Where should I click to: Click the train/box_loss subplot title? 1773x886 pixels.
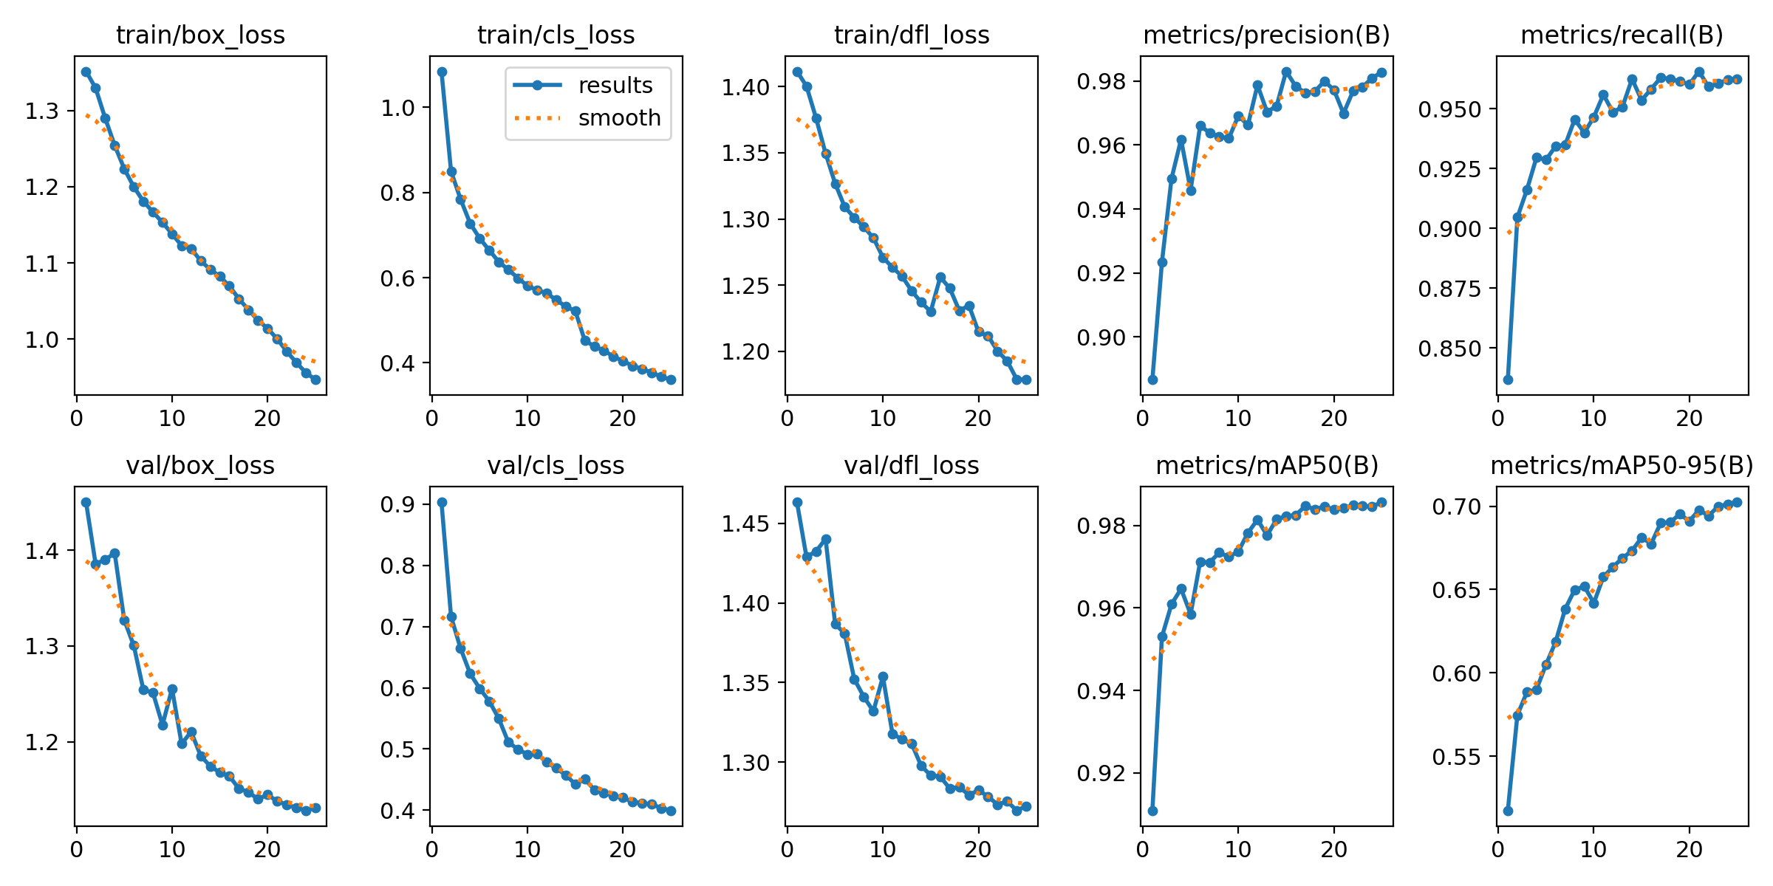click(x=200, y=35)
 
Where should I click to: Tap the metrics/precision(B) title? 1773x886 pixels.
click(x=1266, y=35)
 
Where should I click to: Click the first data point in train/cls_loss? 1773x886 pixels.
click(x=442, y=72)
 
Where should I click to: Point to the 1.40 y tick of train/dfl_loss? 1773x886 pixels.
click(x=745, y=87)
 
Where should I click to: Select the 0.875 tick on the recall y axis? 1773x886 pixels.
click(x=1449, y=289)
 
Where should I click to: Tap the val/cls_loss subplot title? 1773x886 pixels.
click(x=556, y=466)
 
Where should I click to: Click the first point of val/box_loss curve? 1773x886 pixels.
click(x=86, y=502)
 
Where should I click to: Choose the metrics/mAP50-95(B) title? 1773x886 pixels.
click(x=1622, y=466)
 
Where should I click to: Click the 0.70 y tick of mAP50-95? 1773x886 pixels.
click(x=1457, y=506)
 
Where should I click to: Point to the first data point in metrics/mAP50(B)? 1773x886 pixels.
click(x=1152, y=811)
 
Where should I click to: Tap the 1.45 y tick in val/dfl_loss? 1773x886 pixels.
click(x=745, y=524)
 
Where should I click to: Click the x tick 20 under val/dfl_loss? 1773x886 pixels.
click(x=978, y=849)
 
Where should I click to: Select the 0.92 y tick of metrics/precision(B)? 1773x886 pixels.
click(x=1101, y=274)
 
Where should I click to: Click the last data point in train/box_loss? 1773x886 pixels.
click(x=315, y=380)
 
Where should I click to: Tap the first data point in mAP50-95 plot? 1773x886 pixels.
click(x=1508, y=811)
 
